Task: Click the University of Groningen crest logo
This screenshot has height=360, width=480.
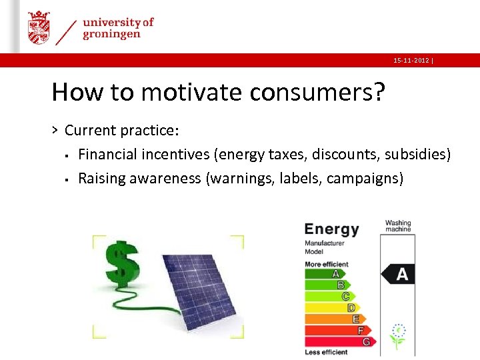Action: (39, 27)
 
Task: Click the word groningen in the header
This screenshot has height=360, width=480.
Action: (111, 35)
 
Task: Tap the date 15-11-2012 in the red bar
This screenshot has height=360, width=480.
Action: (411, 61)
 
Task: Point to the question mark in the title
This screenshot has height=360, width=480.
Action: (379, 92)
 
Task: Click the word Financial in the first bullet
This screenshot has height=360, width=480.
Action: (110, 155)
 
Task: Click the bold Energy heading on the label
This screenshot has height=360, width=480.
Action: (331, 230)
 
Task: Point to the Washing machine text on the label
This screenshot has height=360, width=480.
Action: (398, 226)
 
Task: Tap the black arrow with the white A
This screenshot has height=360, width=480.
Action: (398, 273)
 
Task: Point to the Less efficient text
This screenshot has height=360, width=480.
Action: (326, 352)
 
